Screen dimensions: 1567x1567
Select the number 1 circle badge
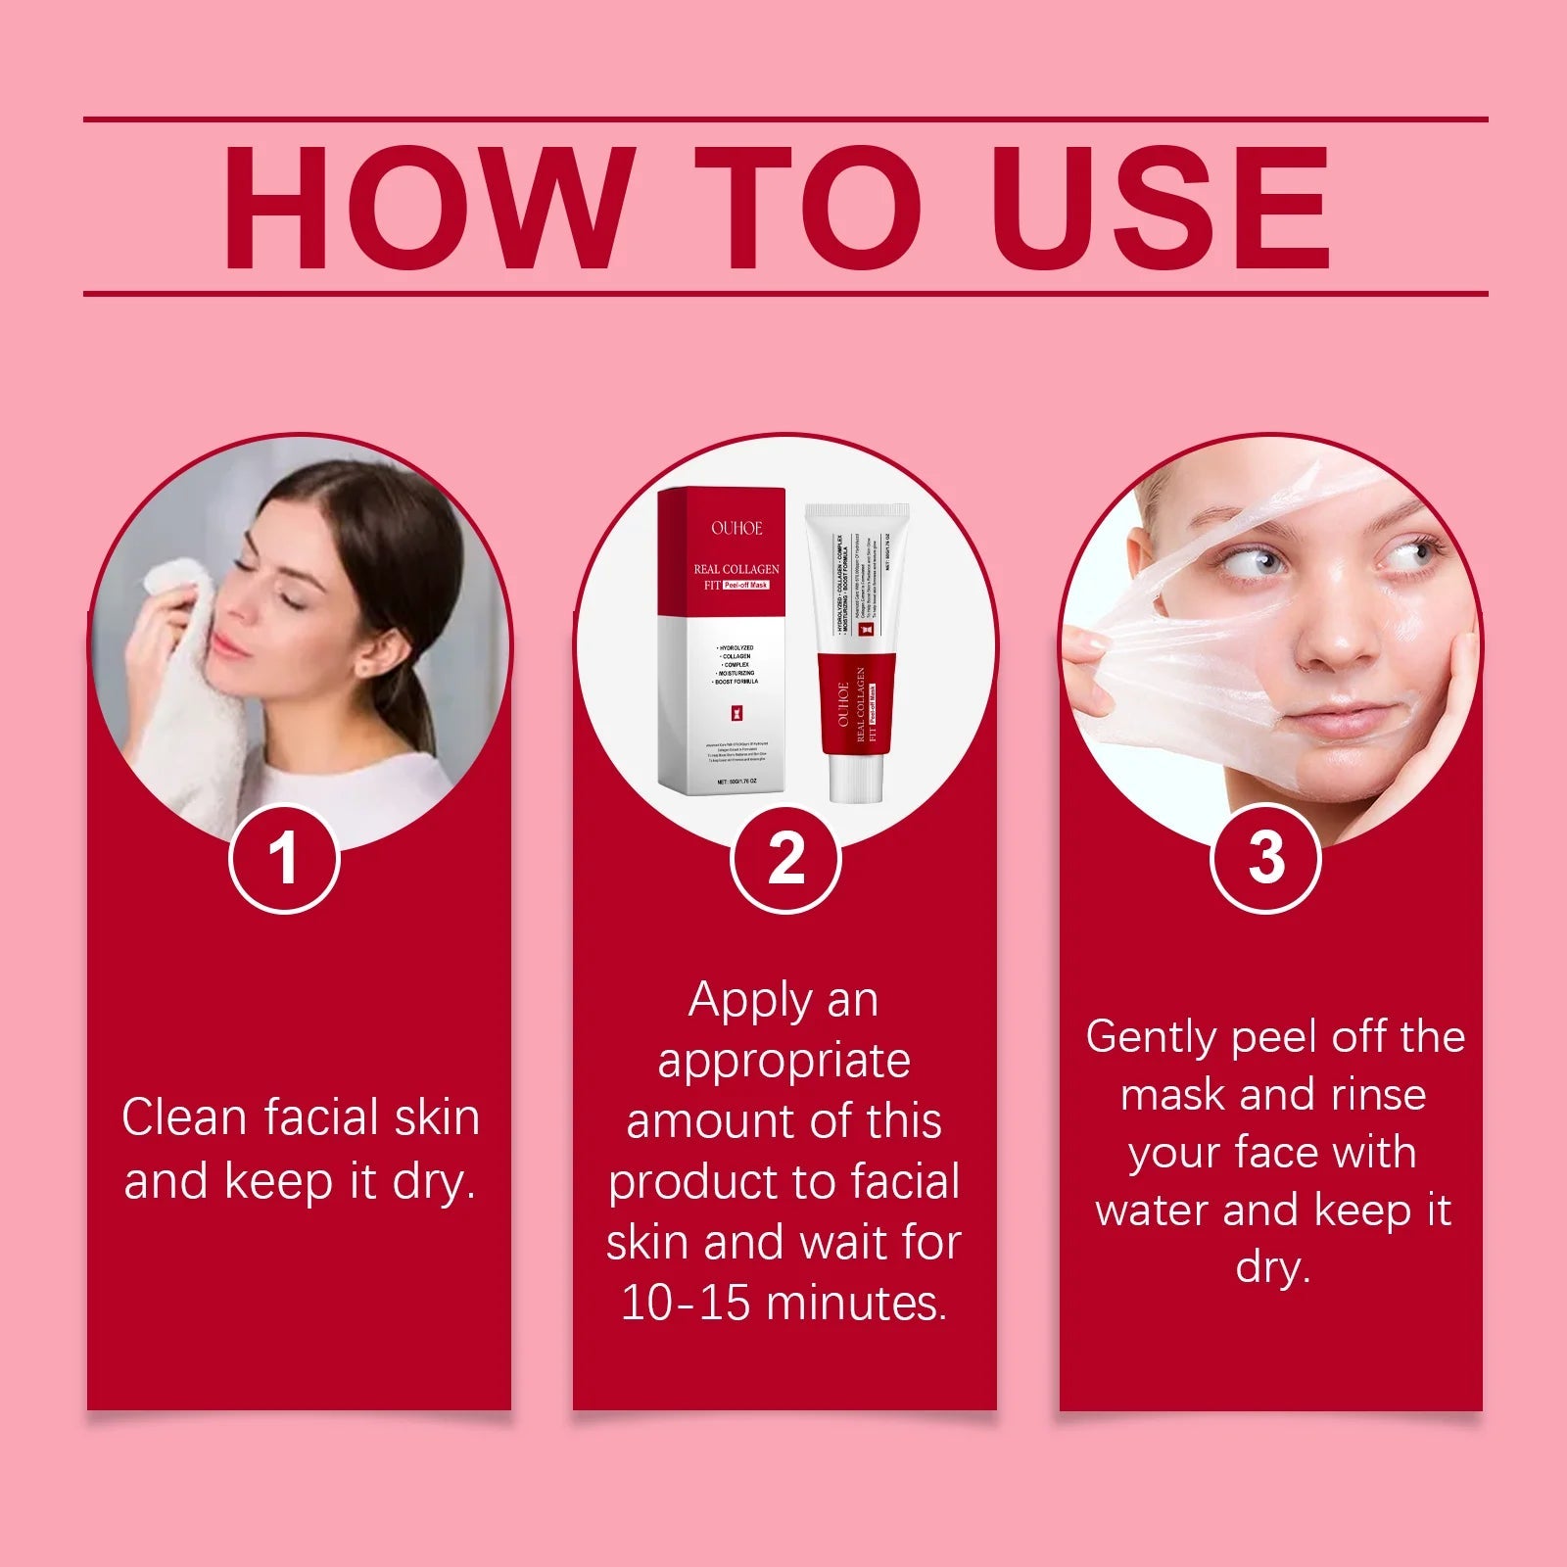[x=284, y=859]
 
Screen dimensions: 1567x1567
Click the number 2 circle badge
[x=785, y=859]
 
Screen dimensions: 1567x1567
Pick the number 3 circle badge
[x=1265, y=859]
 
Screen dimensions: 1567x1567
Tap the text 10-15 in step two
[x=685, y=1304]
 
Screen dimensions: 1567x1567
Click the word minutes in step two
[x=856, y=1304]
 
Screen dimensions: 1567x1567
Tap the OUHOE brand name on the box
[x=736, y=529]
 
